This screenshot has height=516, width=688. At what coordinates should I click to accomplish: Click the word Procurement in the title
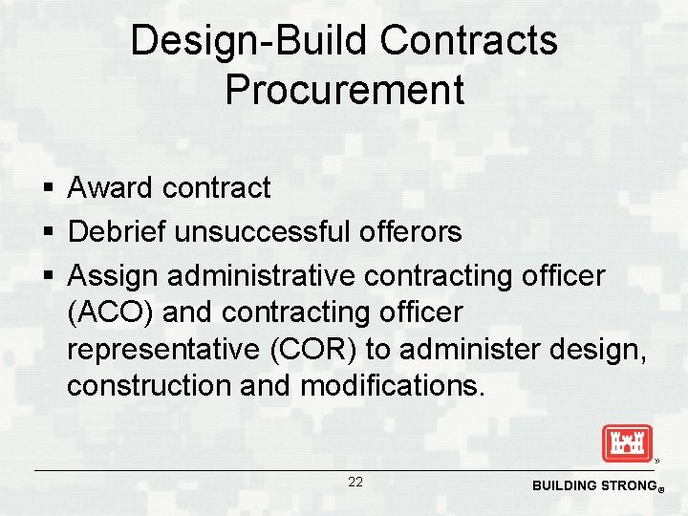tap(344, 89)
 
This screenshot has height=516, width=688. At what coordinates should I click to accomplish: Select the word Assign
tap(114, 276)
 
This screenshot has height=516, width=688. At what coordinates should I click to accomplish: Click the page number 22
tap(355, 483)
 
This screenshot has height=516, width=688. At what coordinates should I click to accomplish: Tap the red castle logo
tap(627, 443)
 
